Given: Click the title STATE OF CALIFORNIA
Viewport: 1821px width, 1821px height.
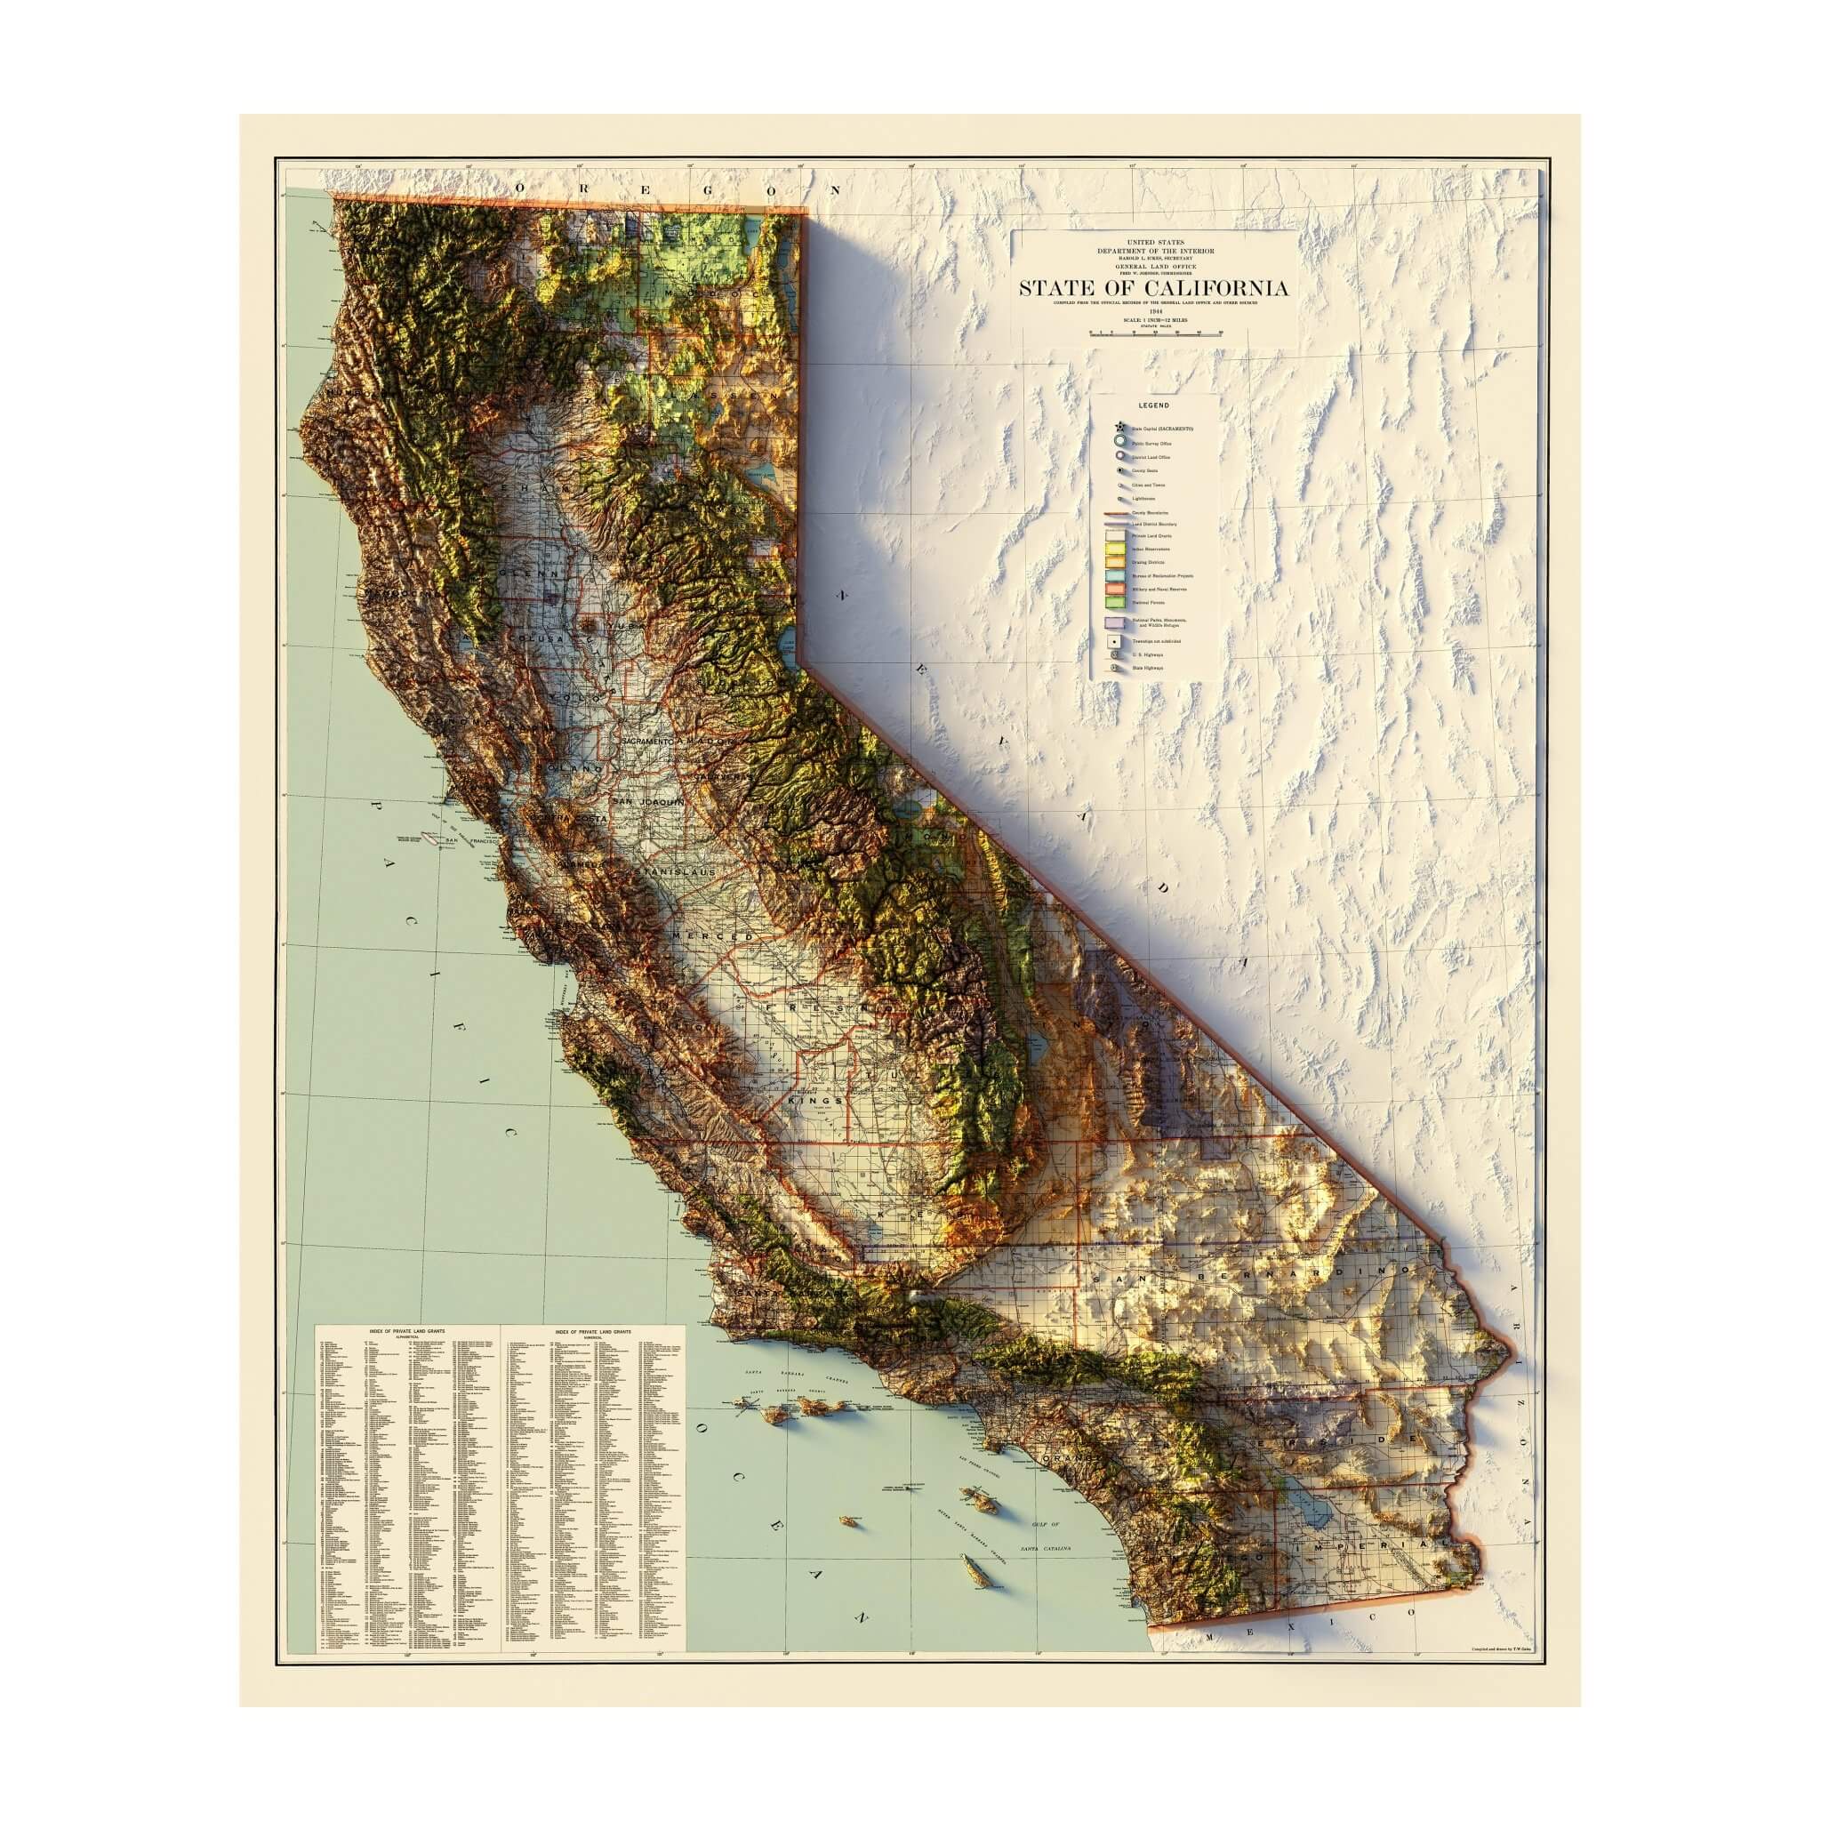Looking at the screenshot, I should [1151, 287].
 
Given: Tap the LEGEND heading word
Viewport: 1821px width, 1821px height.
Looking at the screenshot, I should [1152, 405].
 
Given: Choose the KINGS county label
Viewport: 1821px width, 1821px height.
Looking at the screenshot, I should [807, 1101].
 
